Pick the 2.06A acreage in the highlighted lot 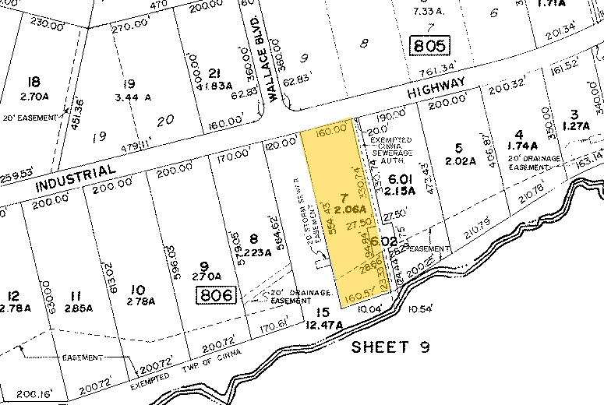point(344,210)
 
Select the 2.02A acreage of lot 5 point(459,162)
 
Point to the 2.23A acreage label point(256,250)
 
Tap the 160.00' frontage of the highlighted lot point(331,132)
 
